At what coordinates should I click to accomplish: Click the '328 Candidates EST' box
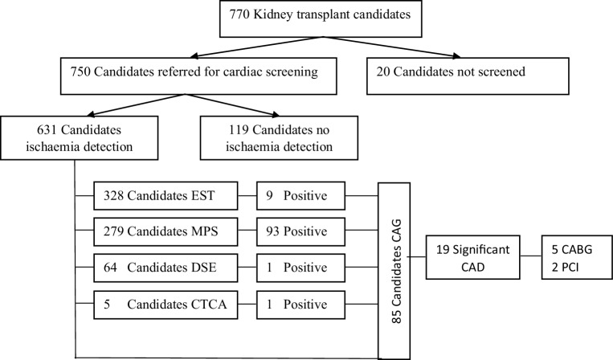(x=168, y=195)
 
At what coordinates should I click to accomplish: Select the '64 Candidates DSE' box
(x=168, y=269)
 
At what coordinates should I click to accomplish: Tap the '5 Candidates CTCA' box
(x=168, y=305)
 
